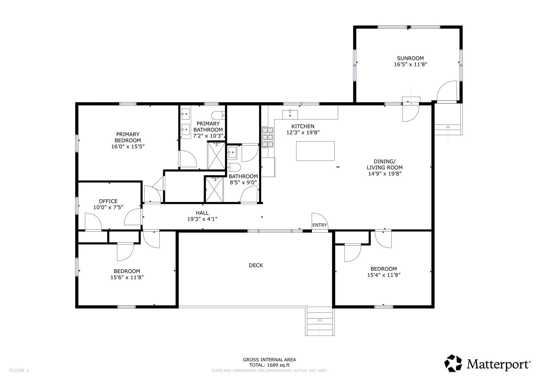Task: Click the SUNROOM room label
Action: [x=410, y=58]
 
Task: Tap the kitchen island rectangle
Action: [x=315, y=151]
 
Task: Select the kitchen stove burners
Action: [x=268, y=137]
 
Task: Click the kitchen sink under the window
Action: [x=290, y=114]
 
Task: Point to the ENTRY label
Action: [x=320, y=225]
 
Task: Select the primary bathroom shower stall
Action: [x=216, y=156]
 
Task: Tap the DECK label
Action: [x=256, y=265]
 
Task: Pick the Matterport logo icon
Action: [x=453, y=363]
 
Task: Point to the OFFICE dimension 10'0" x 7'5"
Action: [x=108, y=207]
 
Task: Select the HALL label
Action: [x=202, y=213]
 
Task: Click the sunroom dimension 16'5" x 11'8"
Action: [x=410, y=64]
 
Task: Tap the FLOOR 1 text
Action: [x=19, y=371]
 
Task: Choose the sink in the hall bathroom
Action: [x=232, y=152]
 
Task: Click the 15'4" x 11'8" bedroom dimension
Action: [x=384, y=275]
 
